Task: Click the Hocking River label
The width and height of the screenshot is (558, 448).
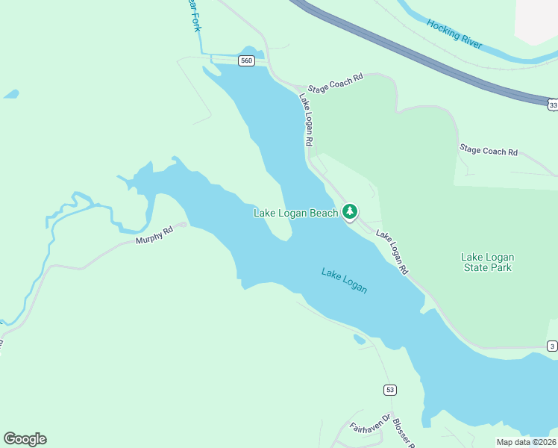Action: (454, 35)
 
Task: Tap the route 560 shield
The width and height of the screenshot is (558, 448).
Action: (246, 60)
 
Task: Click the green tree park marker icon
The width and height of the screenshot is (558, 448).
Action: (350, 212)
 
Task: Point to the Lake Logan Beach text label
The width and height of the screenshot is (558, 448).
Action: (295, 214)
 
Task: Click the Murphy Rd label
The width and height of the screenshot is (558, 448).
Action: (154, 236)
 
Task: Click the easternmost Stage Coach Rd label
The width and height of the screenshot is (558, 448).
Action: (488, 151)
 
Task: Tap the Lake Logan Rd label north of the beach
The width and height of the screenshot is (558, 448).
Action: (306, 119)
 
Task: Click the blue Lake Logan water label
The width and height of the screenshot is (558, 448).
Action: (344, 280)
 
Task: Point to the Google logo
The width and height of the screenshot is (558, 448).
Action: (25, 439)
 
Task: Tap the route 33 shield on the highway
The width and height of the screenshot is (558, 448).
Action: (552, 105)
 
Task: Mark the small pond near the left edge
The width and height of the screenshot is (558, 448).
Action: (10, 95)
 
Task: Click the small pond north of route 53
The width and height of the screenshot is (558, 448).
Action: (360, 340)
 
